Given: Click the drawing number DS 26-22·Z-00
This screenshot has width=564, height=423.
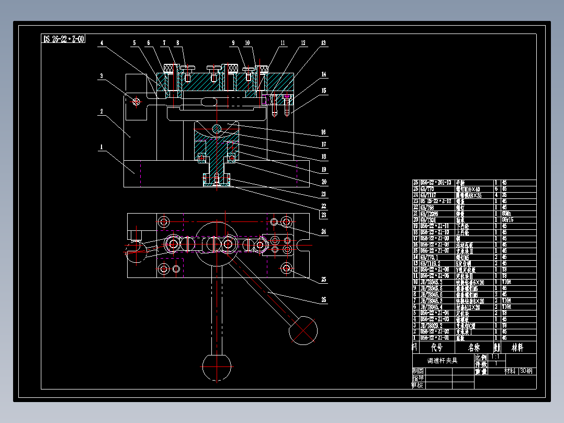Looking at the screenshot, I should [x=64, y=39].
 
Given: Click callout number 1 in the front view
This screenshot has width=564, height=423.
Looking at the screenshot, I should [x=100, y=147].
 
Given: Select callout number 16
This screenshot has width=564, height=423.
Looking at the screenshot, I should [x=324, y=132].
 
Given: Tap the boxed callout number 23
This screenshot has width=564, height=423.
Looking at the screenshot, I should [x=324, y=215].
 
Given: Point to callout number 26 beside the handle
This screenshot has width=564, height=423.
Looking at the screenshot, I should [x=324, y=300].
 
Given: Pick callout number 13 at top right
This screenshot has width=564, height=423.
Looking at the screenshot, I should [x=324, y=43].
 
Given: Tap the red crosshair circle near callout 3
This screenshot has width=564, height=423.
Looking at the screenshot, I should [x=137, y=102].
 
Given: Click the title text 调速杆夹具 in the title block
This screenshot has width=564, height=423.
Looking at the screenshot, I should [x=443, y=361].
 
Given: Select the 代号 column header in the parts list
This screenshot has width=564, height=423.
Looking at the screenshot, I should [x=436, y=347].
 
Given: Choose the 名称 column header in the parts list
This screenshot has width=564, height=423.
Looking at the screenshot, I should [x=474, y=347].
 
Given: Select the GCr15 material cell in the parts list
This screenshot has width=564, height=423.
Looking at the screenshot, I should [x=509, y=220].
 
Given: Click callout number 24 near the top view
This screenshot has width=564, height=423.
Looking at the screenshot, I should [x=324, y=231].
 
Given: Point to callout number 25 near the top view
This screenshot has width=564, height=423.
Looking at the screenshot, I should [x=324, y=280].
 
